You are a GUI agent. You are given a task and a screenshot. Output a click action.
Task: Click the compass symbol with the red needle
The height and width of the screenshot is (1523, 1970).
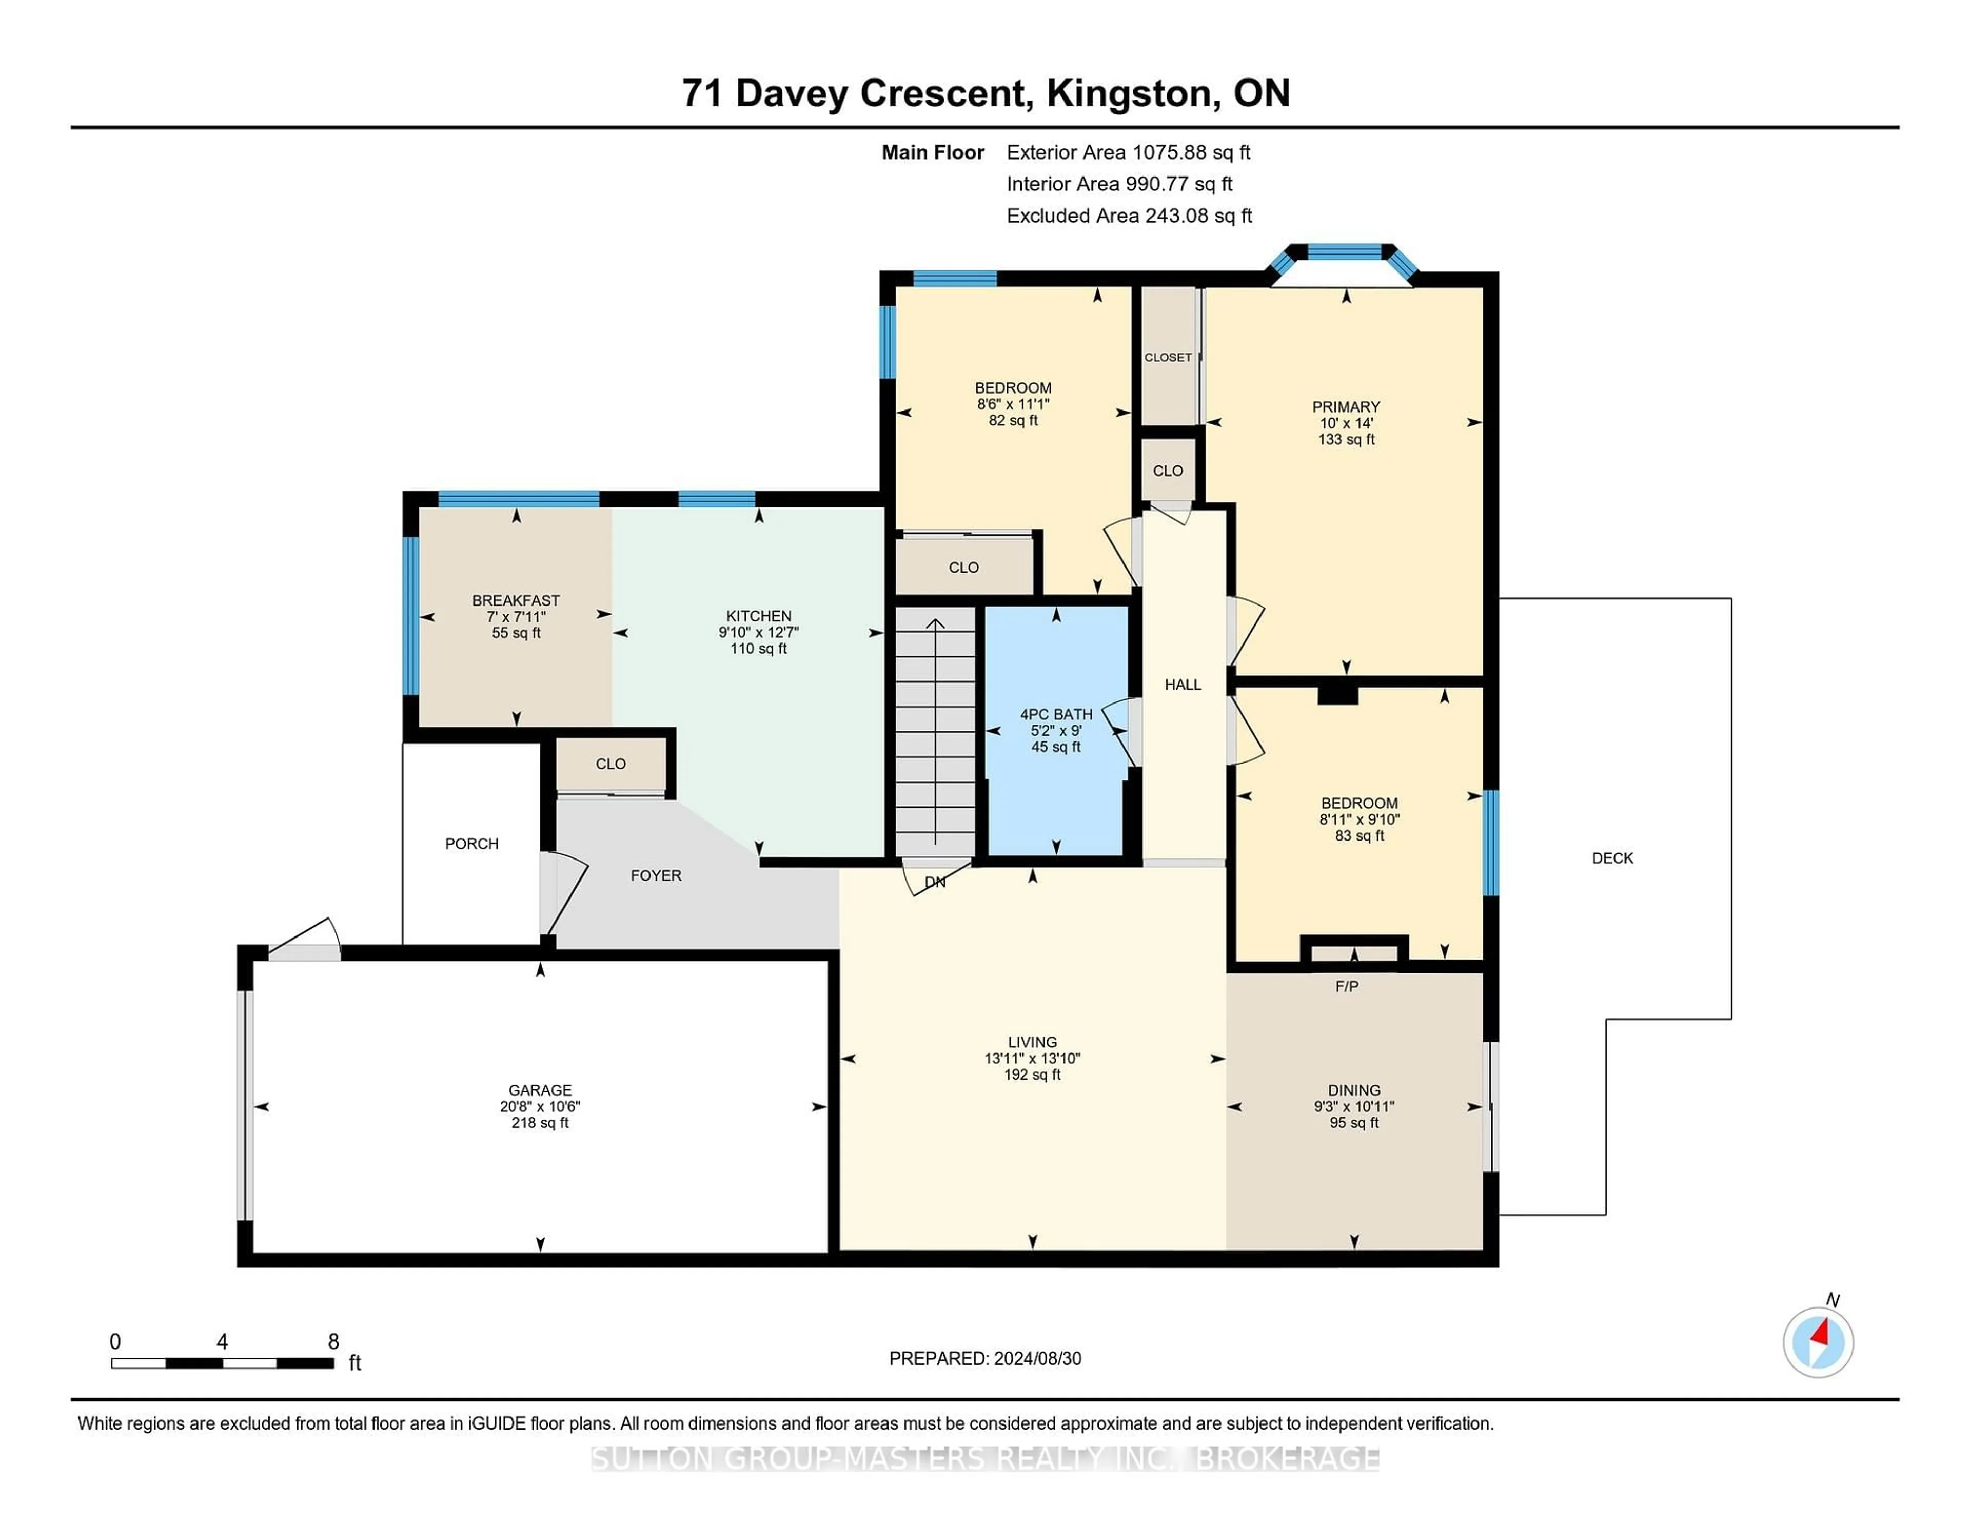[1818, 1342]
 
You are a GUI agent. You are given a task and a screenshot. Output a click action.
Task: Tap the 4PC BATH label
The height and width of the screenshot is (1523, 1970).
[1056, 714]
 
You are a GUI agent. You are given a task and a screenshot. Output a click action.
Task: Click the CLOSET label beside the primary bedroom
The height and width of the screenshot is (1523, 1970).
[1168, 357]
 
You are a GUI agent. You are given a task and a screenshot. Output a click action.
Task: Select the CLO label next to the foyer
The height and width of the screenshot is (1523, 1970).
[610, 764]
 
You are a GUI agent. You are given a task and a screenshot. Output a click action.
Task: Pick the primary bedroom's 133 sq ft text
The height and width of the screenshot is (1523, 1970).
[1346, 439]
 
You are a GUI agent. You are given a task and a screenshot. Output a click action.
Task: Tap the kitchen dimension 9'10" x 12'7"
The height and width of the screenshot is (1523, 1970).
[759, 633]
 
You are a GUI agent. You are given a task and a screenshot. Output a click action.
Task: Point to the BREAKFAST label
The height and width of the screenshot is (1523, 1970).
[516, 600]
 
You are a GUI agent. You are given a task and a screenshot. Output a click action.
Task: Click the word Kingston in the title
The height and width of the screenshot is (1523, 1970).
[1129, 93]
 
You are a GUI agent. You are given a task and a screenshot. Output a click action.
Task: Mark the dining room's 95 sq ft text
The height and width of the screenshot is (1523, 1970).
[1354, 1122]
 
